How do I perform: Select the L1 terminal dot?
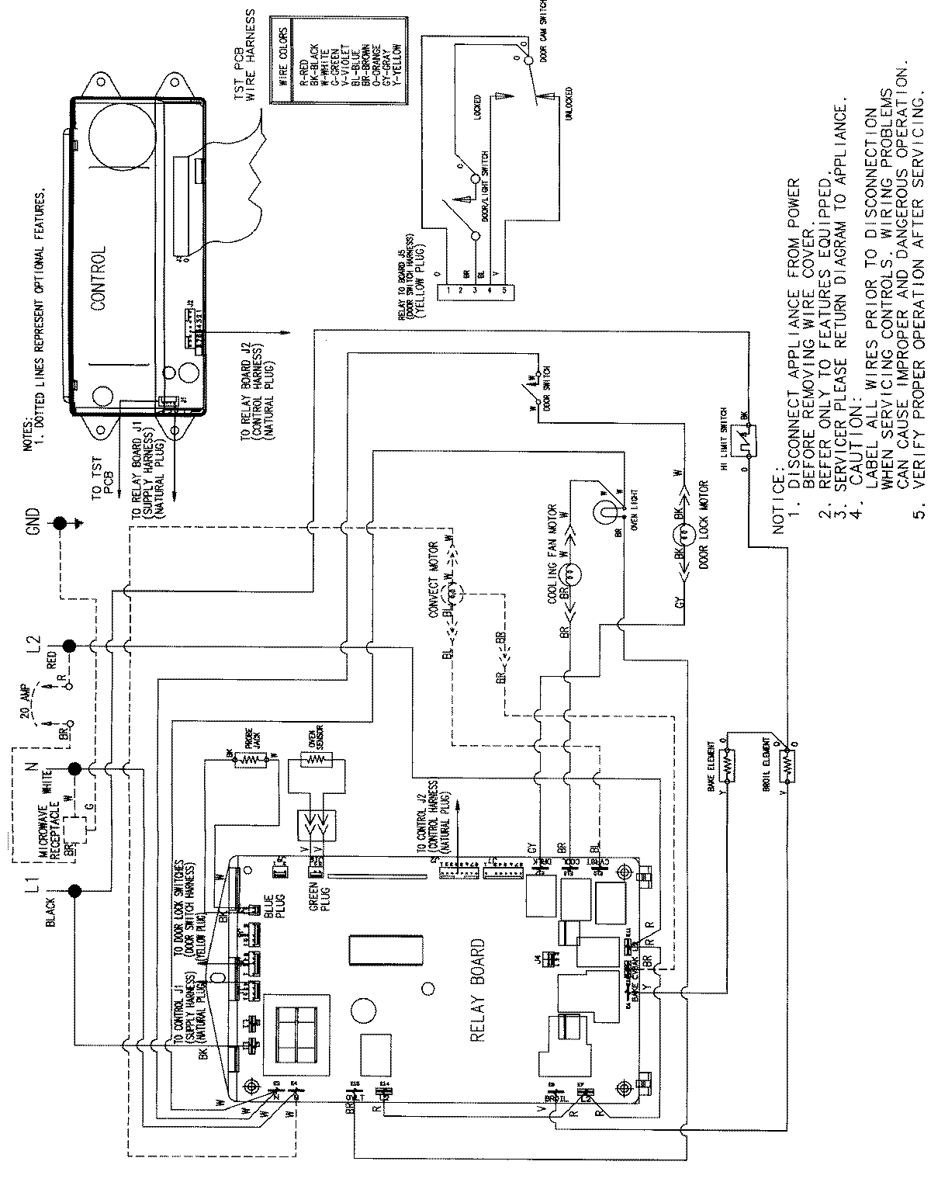point(75,892)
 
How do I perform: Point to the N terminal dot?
point(74,769)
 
